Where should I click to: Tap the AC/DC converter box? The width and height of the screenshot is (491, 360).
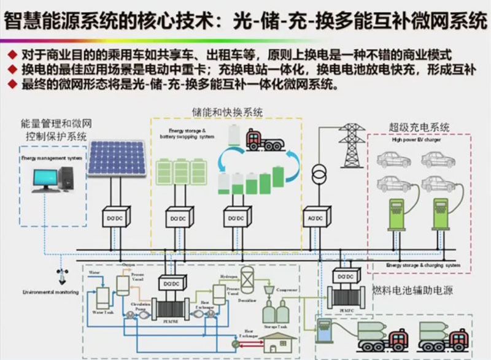tap(316, 217)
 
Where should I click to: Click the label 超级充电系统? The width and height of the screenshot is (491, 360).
tap(419, 128)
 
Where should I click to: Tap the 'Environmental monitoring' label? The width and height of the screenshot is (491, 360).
tap(51, 293)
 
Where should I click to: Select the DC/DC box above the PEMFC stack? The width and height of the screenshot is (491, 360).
tap(342, 277)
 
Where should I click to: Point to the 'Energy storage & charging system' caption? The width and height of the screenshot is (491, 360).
tap(423, 266)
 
